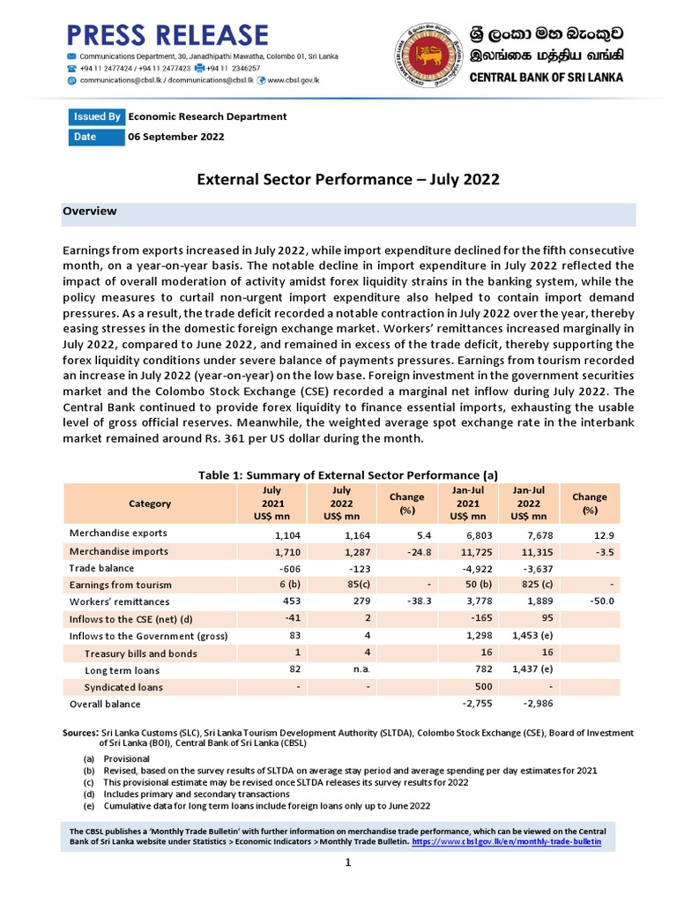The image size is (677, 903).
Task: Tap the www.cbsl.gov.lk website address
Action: (294, 79)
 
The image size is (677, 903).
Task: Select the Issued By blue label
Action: (97, 116)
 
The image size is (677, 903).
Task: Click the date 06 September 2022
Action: (176, 137)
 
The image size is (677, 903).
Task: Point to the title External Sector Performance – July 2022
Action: (347, 179)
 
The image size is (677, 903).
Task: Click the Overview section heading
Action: (89, 212)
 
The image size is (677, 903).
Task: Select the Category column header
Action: (150, 504)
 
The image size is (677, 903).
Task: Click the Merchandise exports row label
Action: (118, 534)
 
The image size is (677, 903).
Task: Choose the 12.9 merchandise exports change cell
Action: (604, 535)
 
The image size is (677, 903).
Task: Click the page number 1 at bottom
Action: (348, 862)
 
